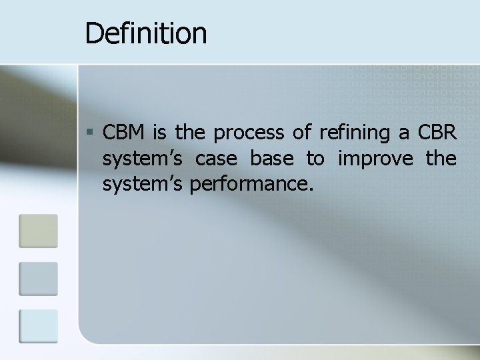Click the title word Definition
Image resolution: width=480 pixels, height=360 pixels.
(146, 33)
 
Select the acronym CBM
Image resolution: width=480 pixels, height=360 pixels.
(125, 133)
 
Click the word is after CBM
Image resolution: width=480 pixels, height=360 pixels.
(159, 133)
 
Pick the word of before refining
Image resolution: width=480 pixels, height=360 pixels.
(302, 133)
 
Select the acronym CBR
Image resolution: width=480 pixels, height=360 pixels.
(437, 133)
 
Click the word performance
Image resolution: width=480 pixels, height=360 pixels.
(251, 185)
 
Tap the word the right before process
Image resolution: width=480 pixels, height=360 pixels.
(191, 133)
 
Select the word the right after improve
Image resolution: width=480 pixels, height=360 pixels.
(441, 159)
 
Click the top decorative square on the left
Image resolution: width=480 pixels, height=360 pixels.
(38, 230)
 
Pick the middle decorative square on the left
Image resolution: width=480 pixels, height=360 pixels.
(38, 278)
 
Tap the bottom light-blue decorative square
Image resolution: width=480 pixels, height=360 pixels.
(38, 326)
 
